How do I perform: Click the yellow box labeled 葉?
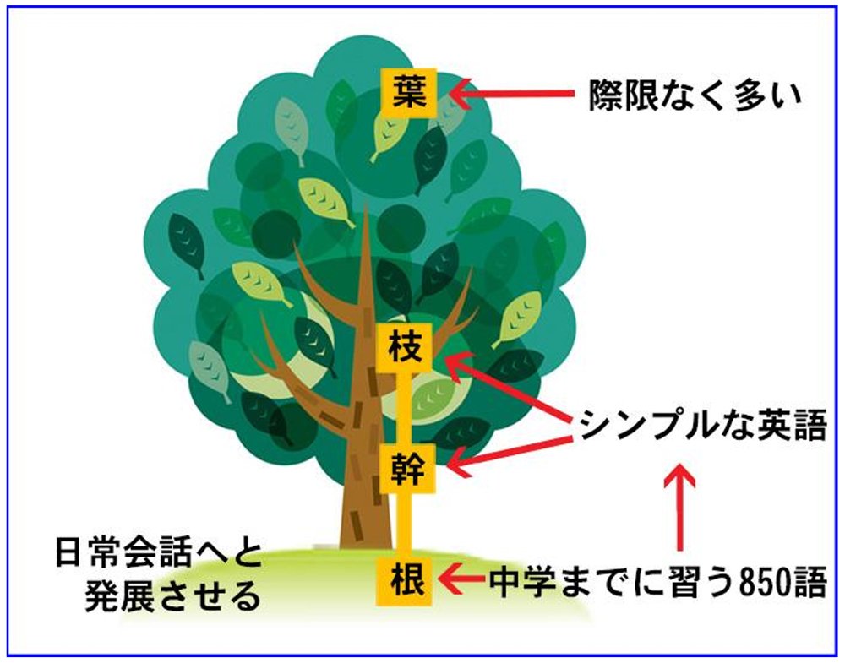409,93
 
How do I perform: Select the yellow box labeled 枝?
406,348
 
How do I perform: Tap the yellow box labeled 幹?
407,469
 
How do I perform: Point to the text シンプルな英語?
703,425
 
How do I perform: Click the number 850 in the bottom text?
766,582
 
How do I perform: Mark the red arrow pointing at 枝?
510,387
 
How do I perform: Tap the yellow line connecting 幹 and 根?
401,525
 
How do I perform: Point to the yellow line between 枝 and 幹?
401,408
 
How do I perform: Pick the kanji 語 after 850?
810,582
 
